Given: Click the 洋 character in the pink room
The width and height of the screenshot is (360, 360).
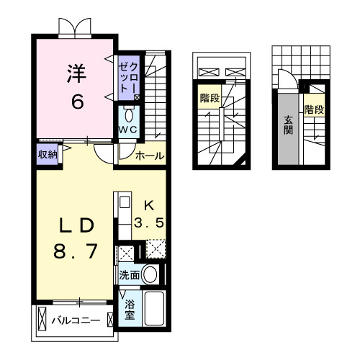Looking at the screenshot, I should pyautogui.click(x=76, y=74).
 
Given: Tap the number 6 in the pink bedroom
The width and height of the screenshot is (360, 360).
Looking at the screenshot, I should pyautogui.click(x=76, y=101).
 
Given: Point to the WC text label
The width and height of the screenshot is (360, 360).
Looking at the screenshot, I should pyautogui.click(x=129, y=129).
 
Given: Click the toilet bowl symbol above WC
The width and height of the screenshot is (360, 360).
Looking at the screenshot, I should pyautogui.click(x=129, y=115).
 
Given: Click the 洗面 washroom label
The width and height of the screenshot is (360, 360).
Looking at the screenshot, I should pyautogui.click(x=130, y=274).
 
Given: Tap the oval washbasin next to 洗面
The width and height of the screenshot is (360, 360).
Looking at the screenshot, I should pyautogui.click(x=151, y=274).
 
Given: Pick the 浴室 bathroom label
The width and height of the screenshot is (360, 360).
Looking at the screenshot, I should pyautogui.click(x=130, y=310).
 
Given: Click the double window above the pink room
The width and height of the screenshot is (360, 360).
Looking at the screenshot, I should pyautogui.click(x=76, y=26).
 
